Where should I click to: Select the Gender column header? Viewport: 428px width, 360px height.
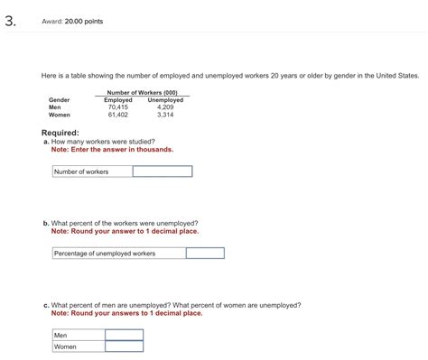tap(59, 100)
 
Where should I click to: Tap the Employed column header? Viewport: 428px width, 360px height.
tap(118, 100)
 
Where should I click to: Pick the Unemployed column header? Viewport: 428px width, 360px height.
tap(165, 100)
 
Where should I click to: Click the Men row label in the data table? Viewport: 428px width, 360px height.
tap(55, 107)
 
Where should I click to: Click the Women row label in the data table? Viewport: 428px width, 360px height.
tap(60, 115)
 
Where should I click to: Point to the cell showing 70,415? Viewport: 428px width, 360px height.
tap(118, 107)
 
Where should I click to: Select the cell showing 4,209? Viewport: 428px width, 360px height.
tap(165, 107)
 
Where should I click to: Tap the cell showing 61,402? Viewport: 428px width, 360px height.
tap(118, 115)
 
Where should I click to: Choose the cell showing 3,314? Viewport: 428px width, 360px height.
tap(165, 115)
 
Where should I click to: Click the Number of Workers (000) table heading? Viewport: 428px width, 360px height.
tap(143, 93)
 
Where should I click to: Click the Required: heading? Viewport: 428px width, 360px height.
tap(65, 133)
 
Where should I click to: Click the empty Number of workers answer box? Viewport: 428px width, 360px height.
tap(162, 171)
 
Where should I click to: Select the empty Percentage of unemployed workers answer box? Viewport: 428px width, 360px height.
tap(204, 254)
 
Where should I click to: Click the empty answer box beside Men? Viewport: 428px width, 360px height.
tap(124, 335)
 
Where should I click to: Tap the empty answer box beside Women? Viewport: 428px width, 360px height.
tap(124, 346)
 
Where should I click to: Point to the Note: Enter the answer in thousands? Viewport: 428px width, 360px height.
tap(112, 149)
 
